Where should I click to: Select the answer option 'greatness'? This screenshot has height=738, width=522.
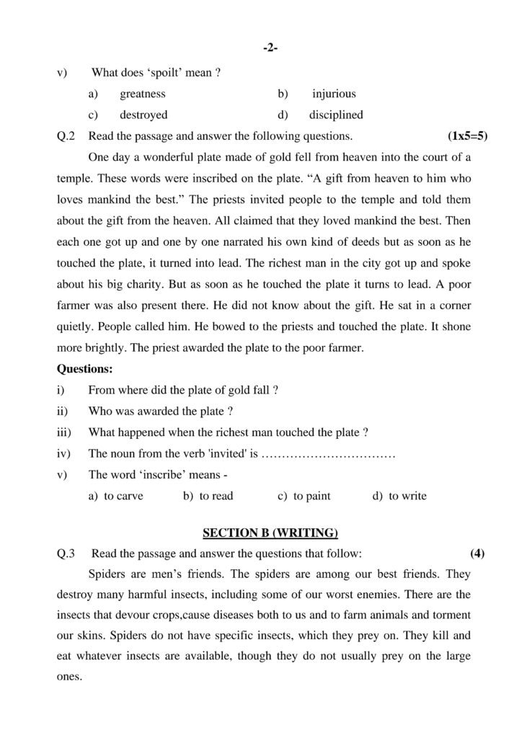[143, 94]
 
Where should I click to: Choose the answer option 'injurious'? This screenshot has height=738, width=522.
[334, 94]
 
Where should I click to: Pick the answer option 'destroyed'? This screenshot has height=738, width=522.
[143, 115]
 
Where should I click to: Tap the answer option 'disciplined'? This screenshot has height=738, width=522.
[336, 115]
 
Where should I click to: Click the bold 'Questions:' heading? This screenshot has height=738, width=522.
[84, 369]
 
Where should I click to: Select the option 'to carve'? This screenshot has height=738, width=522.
[123, 496]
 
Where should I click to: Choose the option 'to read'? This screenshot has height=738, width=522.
[216, 496]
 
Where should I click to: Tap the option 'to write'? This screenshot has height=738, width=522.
[407, 496]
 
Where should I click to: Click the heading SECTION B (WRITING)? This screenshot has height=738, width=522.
[270, 533]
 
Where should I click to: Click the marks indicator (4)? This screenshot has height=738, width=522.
[477, 554]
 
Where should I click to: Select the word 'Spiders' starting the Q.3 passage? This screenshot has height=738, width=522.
[107, 575]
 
